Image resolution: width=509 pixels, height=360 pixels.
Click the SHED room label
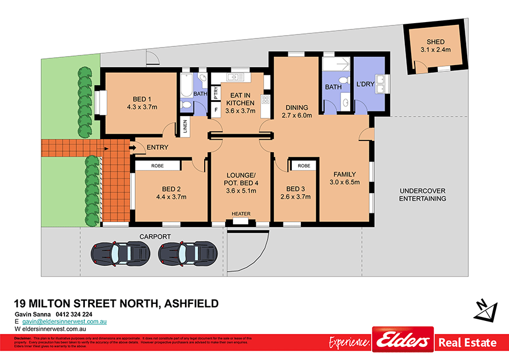[435, 42]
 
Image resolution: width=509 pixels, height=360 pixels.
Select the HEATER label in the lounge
[240, 214]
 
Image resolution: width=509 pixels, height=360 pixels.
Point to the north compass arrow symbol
[485, 309]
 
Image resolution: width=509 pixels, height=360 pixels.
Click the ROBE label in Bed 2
[157, 166]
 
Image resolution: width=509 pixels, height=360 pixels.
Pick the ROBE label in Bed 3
[304, 166]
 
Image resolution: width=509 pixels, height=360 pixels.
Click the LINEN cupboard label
[185, 127]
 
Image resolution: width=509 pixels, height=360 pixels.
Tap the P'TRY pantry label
[215, 92]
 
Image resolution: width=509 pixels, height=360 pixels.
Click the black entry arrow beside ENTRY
[133, 148]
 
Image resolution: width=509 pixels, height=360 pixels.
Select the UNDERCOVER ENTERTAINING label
[422, 195]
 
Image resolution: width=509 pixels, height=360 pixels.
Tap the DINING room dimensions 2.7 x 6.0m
[297, 115]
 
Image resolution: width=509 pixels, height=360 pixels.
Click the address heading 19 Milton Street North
[116, 303]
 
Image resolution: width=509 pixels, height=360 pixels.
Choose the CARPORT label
[156, 237]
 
